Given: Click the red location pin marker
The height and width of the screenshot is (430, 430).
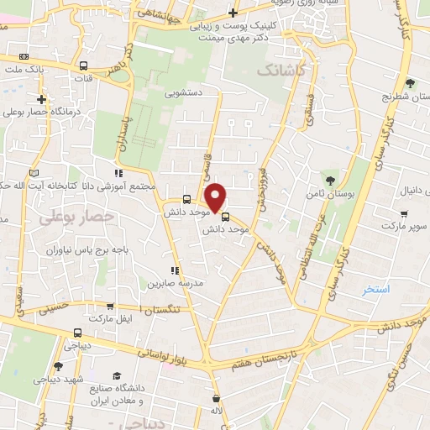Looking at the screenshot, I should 216,197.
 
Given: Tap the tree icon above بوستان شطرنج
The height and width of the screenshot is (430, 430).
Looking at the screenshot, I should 410,82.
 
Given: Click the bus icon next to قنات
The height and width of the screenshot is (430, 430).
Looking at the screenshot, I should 82,66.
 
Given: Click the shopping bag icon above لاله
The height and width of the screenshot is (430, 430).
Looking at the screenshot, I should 217,398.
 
